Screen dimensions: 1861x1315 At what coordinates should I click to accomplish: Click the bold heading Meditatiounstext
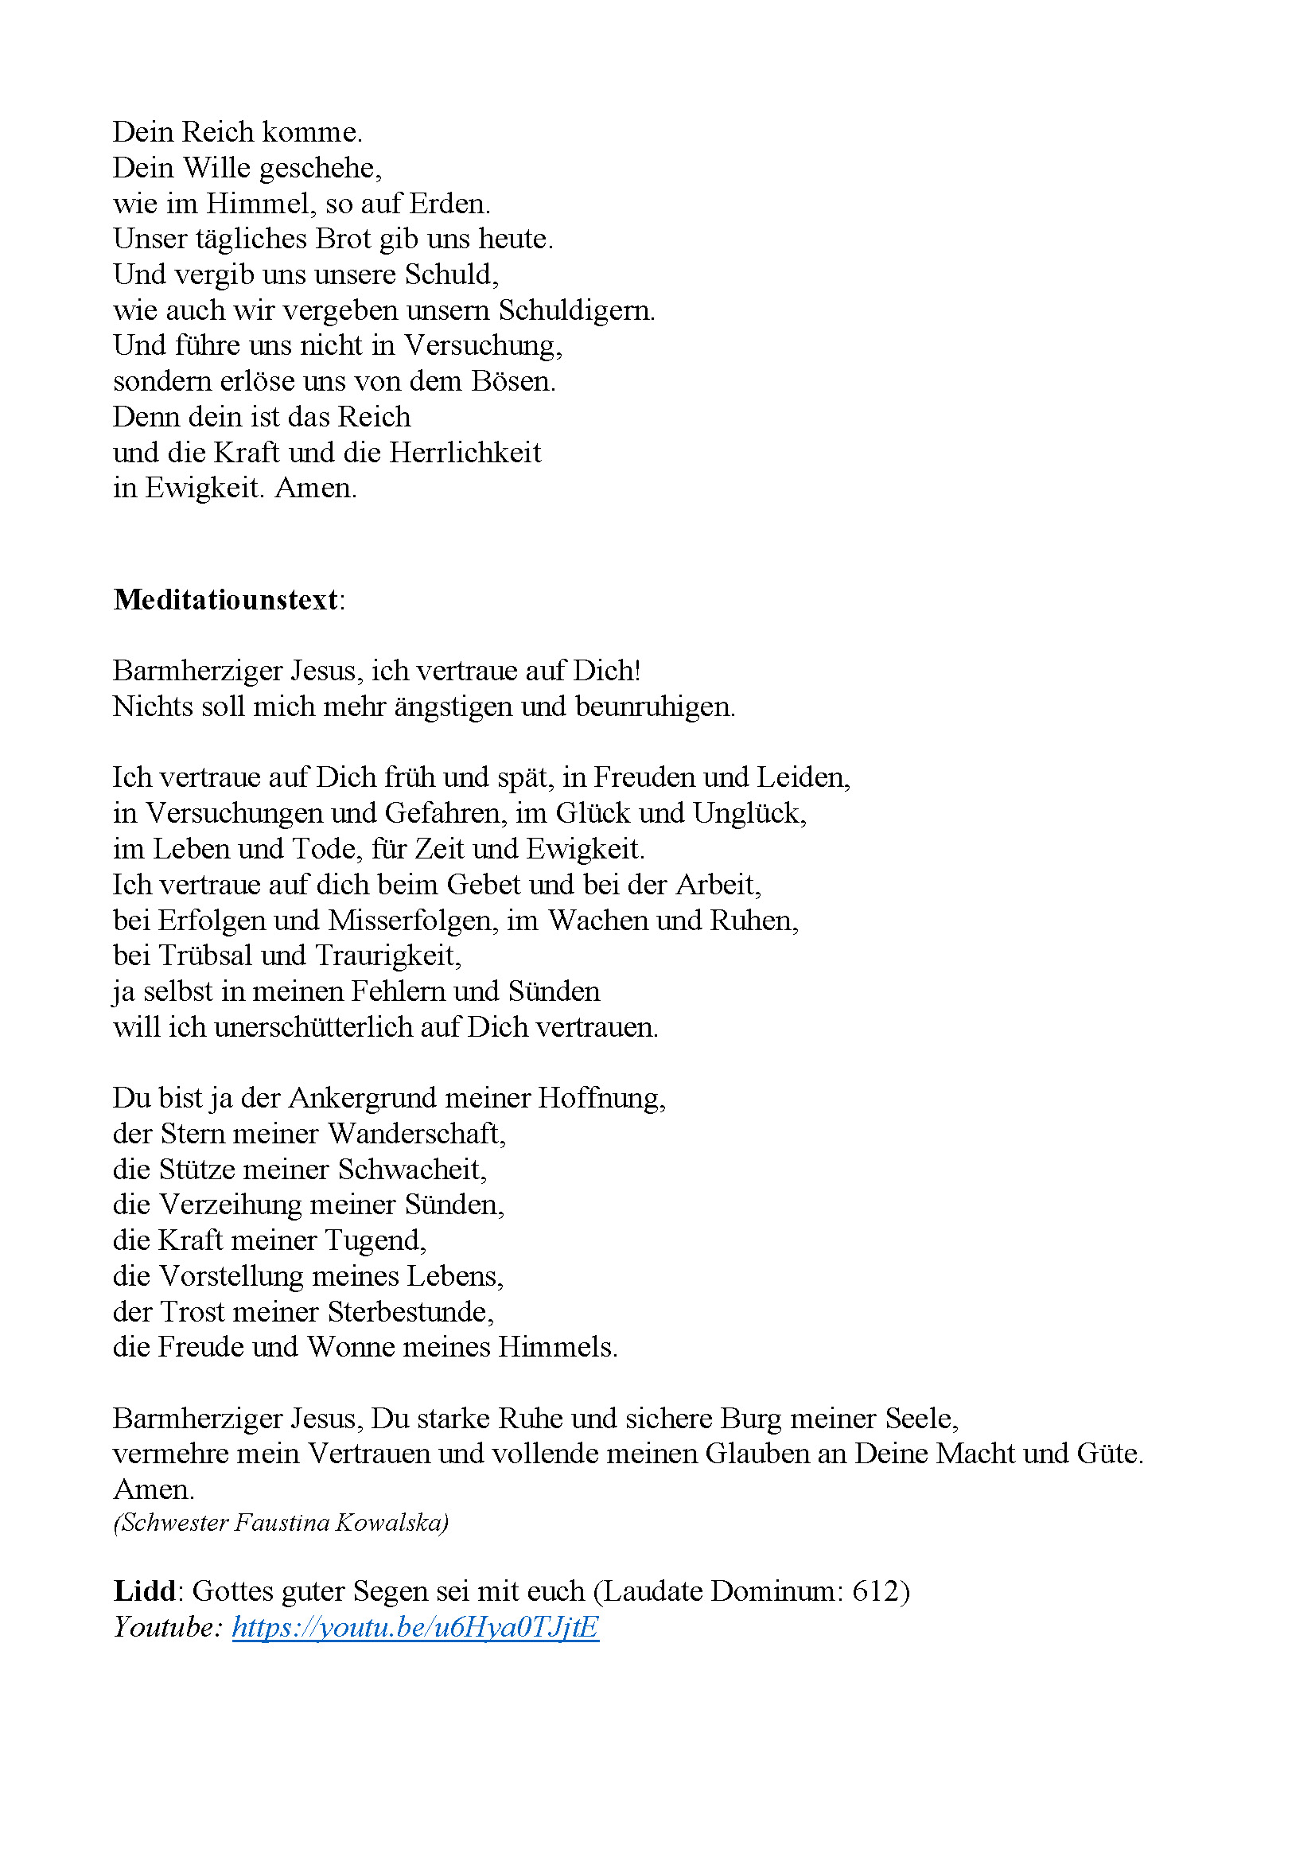(x=225, y=600)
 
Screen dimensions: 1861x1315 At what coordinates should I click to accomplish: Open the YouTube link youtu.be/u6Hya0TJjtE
(x=414, y=1627)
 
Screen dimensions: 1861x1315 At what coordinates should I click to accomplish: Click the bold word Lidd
(x=144, y=1591)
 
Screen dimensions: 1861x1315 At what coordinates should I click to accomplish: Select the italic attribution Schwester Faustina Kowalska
(x=280, y=1523)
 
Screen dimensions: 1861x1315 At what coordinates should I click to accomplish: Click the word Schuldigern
(x=575, y=310)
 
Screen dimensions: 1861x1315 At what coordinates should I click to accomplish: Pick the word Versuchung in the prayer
(x=482, y=346)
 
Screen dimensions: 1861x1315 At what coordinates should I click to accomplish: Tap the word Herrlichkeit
(x=465, y=452)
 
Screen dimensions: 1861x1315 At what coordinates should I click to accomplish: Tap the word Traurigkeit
(x=387, y=956)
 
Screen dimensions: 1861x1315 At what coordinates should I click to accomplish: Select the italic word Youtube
(x=166, y=1627)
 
